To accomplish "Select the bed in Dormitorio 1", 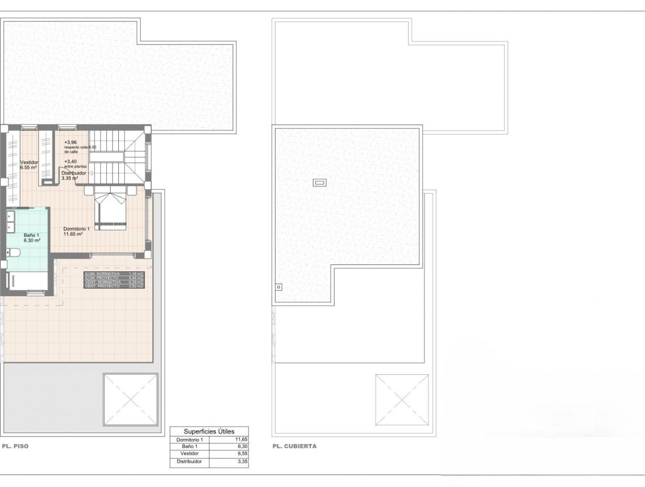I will pyautogui.click(x=111, y=211).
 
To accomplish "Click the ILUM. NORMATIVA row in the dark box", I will pyautogui.click(x=114, y=274).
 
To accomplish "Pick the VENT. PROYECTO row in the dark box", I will pyautogui.click(x=114, y=287).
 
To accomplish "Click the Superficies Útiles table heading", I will pyautogui.click(x=209, y=431).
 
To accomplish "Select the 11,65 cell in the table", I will pyautogui.click(x=241, y=439).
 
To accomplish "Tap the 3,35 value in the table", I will pyautogui.click(x=241, y=462).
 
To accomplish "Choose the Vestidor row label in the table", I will pyautogui.click(x=189, y=454).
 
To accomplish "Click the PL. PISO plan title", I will pyautogui.click(x=15, y=446).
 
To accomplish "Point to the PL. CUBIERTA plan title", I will pyautogui.click(x=294, y=446).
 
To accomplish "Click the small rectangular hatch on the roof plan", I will pyautogui.click(x=320, y=182).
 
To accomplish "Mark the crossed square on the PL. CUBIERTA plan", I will pyautogui.click(x=402, y=400).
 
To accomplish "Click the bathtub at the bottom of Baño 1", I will pyautogui.click(x=28, y=281).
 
